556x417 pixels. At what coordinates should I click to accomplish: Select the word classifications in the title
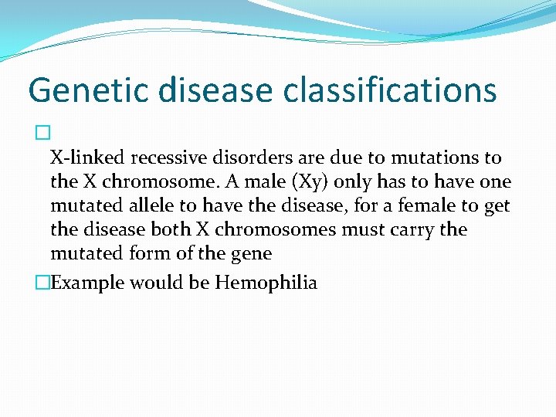(389, 91)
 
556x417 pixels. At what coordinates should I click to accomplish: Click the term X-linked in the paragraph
(87, 158)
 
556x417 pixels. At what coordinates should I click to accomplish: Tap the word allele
(155, 206)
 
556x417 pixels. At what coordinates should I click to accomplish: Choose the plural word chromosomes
(291, 230)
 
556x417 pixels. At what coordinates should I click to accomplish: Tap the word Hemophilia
(266, 283)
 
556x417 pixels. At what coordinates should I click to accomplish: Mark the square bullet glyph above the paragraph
(41, 134)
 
